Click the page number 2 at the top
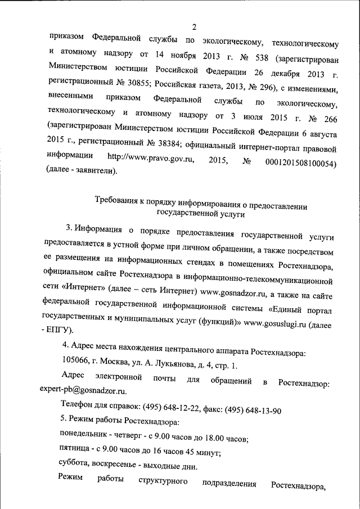tap(193, 26)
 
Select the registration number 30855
tap(128, 90)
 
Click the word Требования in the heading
tap(116, 201)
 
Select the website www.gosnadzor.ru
tap(233, 293)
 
